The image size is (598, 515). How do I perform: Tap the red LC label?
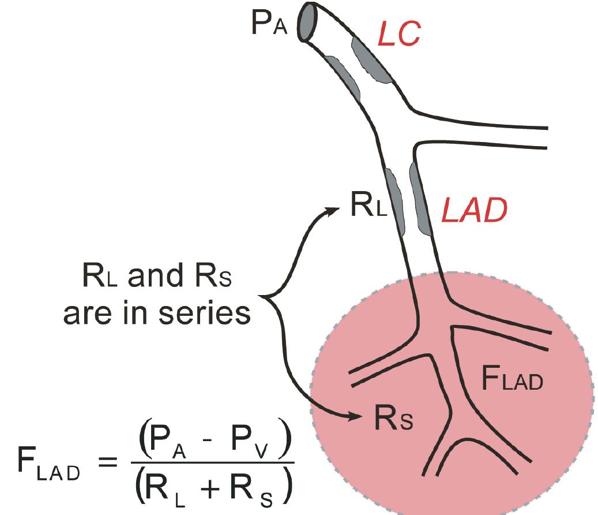[x=398, y=35]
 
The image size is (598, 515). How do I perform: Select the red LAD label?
[x=474, y=212]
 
